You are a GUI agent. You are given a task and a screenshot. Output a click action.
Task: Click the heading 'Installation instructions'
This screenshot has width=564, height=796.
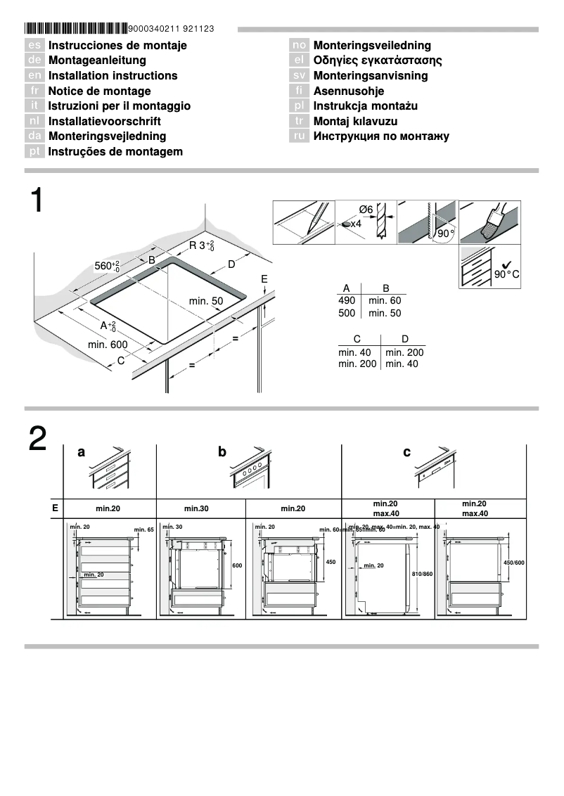(x=113, y=76)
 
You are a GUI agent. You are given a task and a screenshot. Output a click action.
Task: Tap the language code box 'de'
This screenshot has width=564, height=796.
(x=35, y=60)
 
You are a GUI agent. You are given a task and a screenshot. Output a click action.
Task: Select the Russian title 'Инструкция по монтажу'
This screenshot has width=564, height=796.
(x=380, y=136)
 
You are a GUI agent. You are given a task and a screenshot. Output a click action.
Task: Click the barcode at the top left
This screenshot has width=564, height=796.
(x=76, y=29)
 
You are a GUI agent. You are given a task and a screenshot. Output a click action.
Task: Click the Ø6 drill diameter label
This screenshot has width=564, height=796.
(x=365, y=210)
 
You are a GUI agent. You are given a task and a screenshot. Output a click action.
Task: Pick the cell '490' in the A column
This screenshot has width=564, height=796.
(x=347, y=300)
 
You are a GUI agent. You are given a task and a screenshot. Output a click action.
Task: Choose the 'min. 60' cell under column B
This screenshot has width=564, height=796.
(x=385, y=300)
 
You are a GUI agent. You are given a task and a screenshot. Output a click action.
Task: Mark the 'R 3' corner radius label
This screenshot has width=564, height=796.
(x=201, y=246)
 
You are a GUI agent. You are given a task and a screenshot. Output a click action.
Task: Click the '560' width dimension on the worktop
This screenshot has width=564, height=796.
(x=107, y=267)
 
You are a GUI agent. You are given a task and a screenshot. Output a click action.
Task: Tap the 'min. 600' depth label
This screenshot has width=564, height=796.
(x=108, y=345)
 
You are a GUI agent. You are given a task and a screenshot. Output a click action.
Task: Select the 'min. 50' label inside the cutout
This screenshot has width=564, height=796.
(x=205, y=301)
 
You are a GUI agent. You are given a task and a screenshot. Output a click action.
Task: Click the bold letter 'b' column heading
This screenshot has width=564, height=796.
(x=222, y=453)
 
